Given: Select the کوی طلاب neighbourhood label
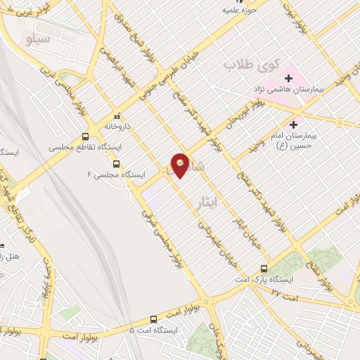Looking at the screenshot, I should coord(248,65).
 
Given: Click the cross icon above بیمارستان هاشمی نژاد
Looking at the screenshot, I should coord(289,77).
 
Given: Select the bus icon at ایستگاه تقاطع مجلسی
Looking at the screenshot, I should coord(86,137).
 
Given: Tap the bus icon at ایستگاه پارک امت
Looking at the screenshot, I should coord(264,268).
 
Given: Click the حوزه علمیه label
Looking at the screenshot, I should coord(236,11).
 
